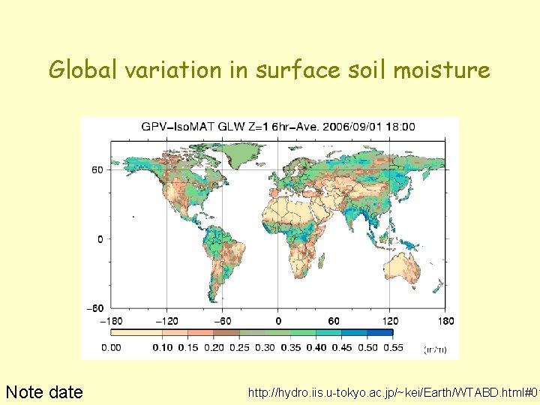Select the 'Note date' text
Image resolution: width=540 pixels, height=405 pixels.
[44, 391]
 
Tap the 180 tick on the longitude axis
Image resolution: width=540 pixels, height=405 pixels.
[445, 321]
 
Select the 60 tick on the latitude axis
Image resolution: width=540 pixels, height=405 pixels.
[97, 169]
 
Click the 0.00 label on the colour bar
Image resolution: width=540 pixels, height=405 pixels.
[111, 347]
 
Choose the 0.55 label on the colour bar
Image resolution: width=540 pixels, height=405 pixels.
[393, 347]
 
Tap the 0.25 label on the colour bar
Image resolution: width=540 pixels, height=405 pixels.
[239, 347]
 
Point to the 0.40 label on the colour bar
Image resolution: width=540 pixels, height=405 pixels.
[316, 347]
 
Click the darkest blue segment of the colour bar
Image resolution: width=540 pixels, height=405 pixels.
[380, 333]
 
